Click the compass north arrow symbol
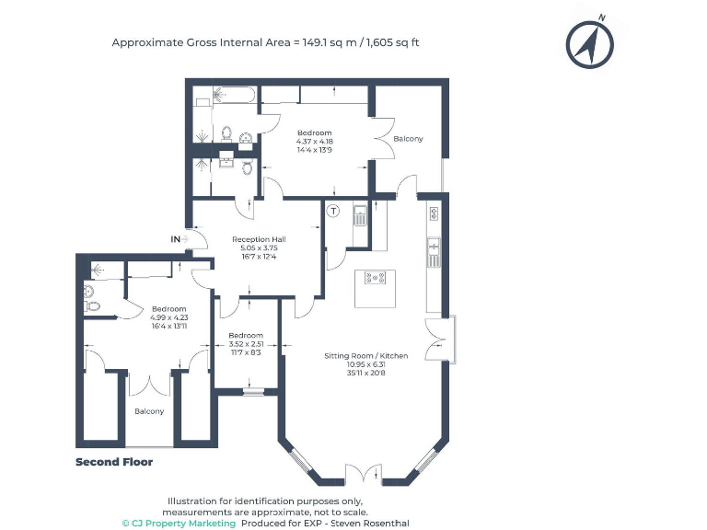pos(589,42)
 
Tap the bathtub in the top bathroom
pos(225,94)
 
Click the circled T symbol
pos(334,211)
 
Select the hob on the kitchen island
pos(375,278)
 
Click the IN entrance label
pos(175,239)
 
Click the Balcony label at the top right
pos(408,139)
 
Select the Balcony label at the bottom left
pos(149,411)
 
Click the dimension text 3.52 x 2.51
pos(246,344)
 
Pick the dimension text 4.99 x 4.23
pos(168,318)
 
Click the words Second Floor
pos(114,462)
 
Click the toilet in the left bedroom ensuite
pos(90,305)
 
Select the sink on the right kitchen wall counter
pos(433,248)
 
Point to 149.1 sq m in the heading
pos(329,42)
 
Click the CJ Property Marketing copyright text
pos(179,523)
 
